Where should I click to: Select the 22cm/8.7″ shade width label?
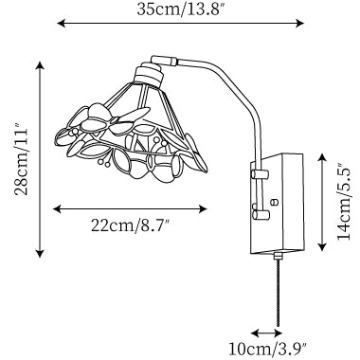click(x=131, y=225)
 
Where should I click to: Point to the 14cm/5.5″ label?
click(x=344, y=202)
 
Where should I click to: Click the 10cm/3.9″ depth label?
click(x=268, y=350)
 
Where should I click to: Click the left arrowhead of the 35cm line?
click(x=61, y=23)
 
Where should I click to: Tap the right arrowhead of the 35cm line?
click(x=300, y=23)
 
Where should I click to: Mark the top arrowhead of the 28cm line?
click(x=40, y=66)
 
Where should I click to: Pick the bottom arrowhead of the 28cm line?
click(x=40, y=253)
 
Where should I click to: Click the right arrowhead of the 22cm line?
click(x=203, y=208)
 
